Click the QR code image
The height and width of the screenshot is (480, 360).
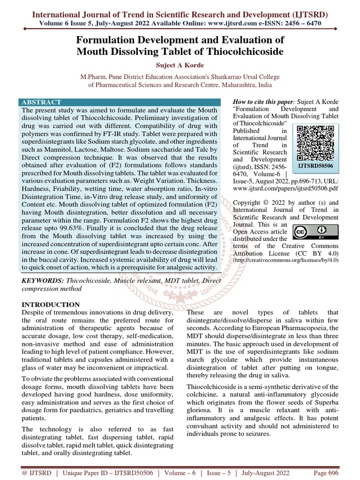pyautogui.click(x=315, y=142)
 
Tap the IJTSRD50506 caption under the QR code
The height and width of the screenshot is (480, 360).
pyautogui.click(x=315, y=166)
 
